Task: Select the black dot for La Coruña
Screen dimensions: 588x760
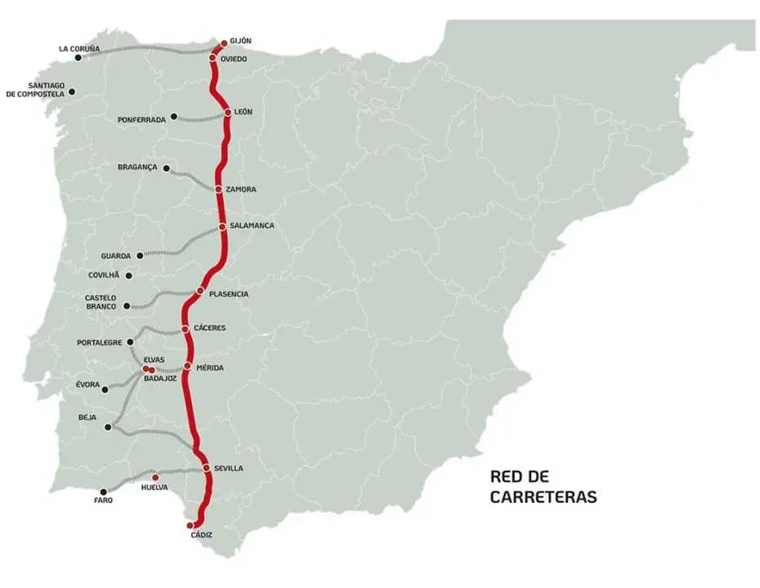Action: pos(78,57)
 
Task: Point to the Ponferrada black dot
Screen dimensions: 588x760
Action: pos(174,116)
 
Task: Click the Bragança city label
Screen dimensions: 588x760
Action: pos(137,167)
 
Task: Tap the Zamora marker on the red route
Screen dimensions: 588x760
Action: pos(218,189)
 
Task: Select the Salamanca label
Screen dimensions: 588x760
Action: pos(253,225)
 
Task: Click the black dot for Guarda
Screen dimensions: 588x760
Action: pos(140,256)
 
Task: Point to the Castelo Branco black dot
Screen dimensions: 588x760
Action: pos(127,306)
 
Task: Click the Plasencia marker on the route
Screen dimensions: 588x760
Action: pos(200,292)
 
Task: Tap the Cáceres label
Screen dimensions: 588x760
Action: pos(210,328)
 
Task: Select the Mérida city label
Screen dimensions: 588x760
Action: pos(210,367)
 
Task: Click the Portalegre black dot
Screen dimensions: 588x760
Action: pos(131,342)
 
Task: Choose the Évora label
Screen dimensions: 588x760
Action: pos(87,385)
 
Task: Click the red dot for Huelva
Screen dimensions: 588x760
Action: pos(155,478)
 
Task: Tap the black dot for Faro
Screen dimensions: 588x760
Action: pos(104,492)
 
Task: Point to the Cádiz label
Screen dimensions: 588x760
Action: pos(200,535)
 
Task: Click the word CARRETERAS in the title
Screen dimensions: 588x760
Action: pos(543,497)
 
